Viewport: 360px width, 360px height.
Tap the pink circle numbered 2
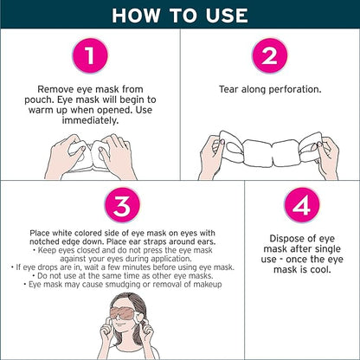(x=269, y=58)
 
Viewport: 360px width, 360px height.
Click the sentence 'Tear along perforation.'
(x=269, y=89)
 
